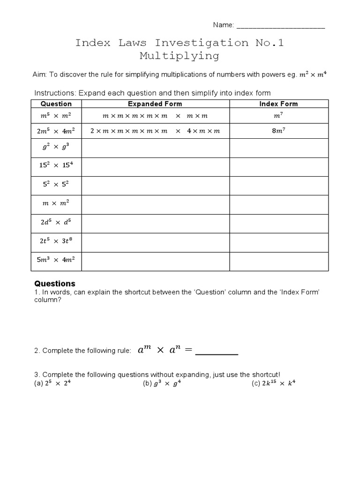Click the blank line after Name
pyautogui.click(x=281, y=26)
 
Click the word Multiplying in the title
pyautogui.click(x=180, y=56)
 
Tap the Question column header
pyautogui.click(x=56, y=104)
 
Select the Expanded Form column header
pyautogui.click(x=155, y=104)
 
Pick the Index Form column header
pyautogui.click(x=278, y=104)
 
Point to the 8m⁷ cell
pyautogui.click(x=278, y=131)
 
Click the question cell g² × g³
pyautogui.click(x=56, y=148)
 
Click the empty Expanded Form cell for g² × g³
pyautogui.click(x=155, y=148)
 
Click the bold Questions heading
pyautogui.click(x=55, y=284)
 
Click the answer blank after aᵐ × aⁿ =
pyautogui.click(x=217, y=352)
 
